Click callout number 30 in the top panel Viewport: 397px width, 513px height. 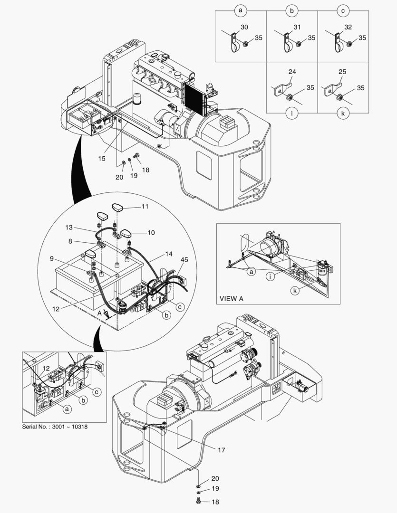click(x=244, y=28)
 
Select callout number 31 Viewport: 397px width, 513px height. click(x=297, y=28)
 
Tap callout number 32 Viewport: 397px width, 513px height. click(x=348, y=28)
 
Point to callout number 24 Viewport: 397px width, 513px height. click(x=291, y=72)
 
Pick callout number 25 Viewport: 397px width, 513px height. click(x=342, y=72)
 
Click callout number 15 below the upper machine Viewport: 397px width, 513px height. click(x=102, y=159)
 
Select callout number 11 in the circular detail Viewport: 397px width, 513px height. click(x=145, y=207)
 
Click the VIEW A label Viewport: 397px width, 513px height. click(x=232, y=299)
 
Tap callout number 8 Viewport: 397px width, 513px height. click(x=70, y=241)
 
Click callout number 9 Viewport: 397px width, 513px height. click(x=51, y=259)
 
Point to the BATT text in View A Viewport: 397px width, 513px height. click(x=323, y=271)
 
